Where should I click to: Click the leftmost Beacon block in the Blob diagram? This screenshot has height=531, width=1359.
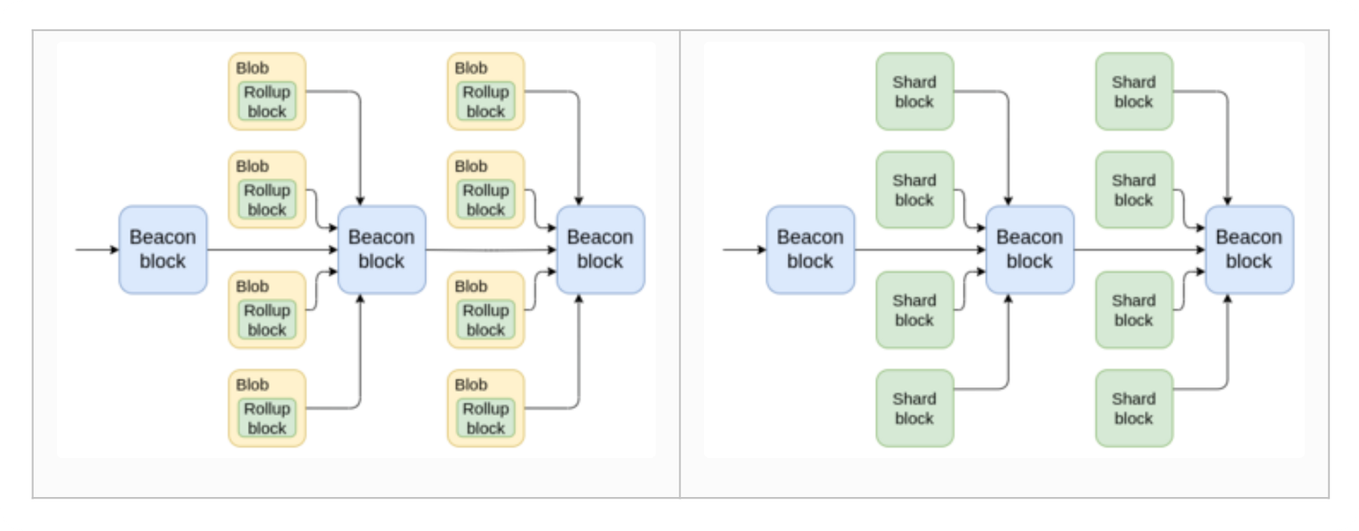pyautogui.click(x=162, y=250)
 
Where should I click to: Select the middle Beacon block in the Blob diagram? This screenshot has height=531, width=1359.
pyautogui.click(x=381, y=250)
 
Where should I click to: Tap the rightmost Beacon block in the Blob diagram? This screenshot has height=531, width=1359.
pyautogui.click(x=601, y=250)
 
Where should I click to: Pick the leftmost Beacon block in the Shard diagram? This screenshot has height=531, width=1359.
pyautogui.click(x=810, y=250)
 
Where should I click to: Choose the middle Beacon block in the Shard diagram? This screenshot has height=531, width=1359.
pyautogui.click(x=1030, y=250)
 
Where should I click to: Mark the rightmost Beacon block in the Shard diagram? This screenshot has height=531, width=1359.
pyautogui.click(x=1249, y=250)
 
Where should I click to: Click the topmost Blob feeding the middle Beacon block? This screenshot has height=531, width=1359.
pyautogui.click(x=267, y=91)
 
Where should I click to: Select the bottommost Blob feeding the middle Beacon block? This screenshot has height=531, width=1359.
pyautogui.click(x=267, y=409)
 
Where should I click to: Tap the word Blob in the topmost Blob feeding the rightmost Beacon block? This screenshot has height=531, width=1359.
pyautogui.click(x=471, y=68)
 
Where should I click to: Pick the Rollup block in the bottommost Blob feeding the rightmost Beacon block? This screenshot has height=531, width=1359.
pyautogui.click(x=486, y=418)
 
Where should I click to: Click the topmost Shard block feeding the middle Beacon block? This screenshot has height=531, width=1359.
pyautogui.click(x=915, y=91)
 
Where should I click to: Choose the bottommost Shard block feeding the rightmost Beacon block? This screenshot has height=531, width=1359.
pyautogui.click(x=1135, y=409)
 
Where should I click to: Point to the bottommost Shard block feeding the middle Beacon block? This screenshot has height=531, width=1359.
pyautogui.click(x=915, y=409)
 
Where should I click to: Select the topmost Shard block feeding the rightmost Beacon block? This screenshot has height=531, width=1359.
pyautogui.click(x=1135, y=91)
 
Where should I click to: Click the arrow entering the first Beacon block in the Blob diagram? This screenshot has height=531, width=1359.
pyautogui.click(x=97, y=250)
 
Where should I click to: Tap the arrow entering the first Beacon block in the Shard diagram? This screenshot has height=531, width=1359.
pyautogui.click(x=745, y=250)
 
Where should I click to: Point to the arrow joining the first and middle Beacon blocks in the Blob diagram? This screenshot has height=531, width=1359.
pyautogui.click(x=273, y=250)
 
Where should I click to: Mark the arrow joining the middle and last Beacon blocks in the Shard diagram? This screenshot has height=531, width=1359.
pyautogui.click(x=1140, y=250)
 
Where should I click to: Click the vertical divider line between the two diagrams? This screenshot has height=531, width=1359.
pyautogui.click(x=680, y=264)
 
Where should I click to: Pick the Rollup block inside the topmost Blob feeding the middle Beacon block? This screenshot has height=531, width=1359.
pyautogui.click(x=267, y=101)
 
